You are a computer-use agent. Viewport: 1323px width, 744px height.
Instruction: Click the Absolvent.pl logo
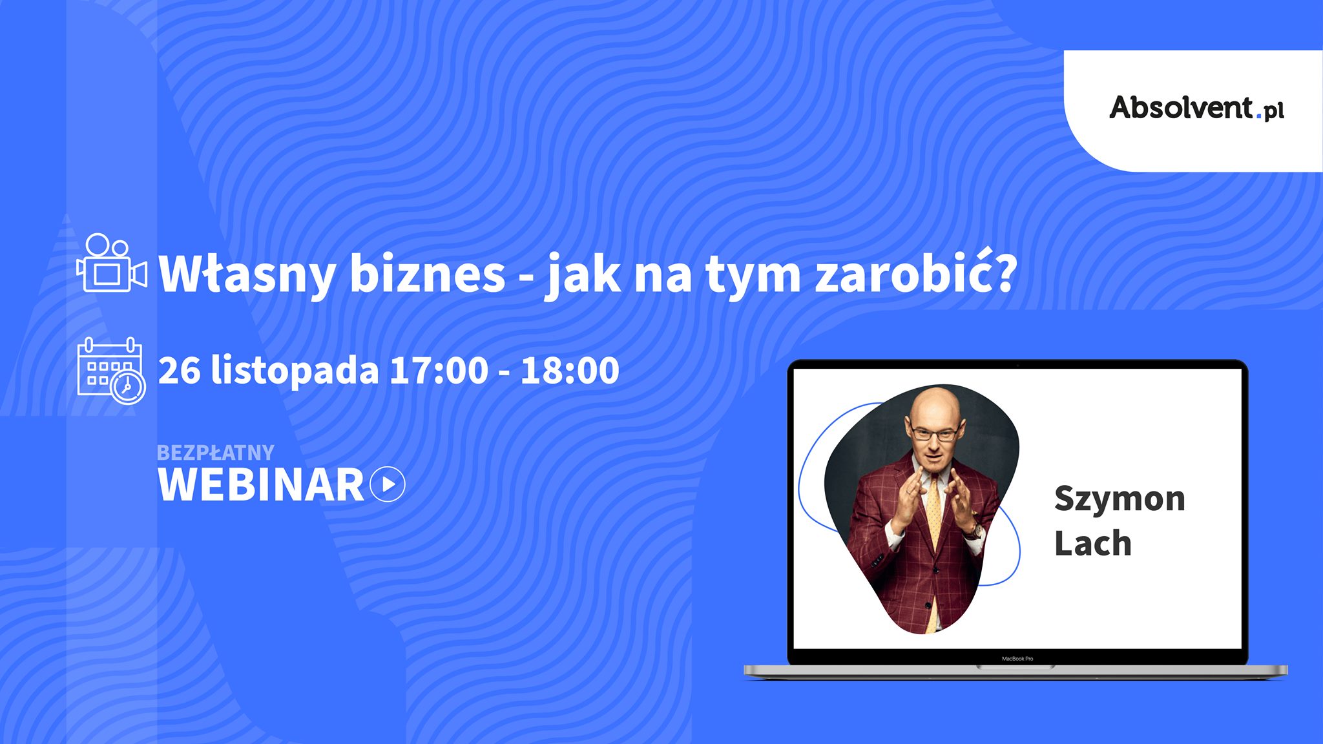click(x=1196, y=108)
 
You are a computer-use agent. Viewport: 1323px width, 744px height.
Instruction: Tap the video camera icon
click(x=112, y=263)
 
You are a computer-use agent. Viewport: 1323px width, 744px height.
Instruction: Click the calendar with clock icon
click(x=111, y=371)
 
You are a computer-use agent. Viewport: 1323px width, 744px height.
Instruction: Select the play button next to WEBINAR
click(x=388, y=484)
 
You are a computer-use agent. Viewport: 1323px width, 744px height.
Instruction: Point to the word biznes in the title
click(x=427, y=273)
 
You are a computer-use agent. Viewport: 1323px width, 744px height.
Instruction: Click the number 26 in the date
click(x=179, y=371)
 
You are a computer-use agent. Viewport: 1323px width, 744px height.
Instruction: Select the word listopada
click(x=295, y=371)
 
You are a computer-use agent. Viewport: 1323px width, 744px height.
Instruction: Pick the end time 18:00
click(x=570, y=371)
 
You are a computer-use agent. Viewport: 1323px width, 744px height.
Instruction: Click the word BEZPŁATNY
click(x=216, y=453)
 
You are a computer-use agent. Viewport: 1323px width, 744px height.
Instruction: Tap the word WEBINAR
click(x=260, y=485)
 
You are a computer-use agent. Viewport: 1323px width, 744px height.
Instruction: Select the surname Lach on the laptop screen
click(x=1093, y=543)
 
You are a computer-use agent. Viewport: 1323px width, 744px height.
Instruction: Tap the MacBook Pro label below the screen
click(x=1017, y=659)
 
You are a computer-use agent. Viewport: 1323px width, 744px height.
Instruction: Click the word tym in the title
click(x=753, y=276)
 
